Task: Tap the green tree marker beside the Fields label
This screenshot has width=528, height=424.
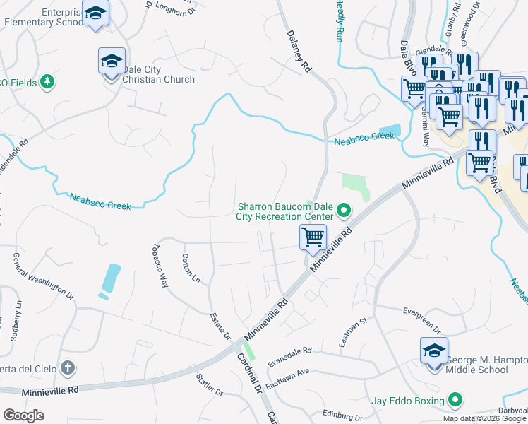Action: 47,82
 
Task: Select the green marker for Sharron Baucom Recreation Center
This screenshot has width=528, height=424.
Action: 344,210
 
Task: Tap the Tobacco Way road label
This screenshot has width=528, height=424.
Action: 160,266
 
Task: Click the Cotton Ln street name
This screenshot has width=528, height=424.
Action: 191,269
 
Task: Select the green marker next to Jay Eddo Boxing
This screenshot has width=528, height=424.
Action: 455,401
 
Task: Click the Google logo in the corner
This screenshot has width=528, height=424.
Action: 24,415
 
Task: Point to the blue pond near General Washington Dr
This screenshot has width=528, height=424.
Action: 111,278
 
